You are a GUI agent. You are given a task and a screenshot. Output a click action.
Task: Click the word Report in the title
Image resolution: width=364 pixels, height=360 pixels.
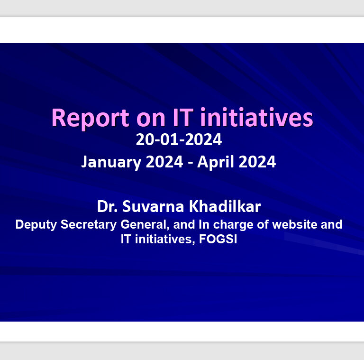coord(90,119)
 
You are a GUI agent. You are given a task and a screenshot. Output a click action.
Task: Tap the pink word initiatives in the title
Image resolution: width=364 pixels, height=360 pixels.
coord(256,117)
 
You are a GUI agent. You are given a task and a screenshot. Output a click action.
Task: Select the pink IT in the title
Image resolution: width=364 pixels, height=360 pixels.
coord(183,117)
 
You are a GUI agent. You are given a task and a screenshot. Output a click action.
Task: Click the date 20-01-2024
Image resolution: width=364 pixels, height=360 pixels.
coord(179,139)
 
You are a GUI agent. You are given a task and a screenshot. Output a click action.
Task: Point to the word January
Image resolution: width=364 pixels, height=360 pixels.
coord(111,162)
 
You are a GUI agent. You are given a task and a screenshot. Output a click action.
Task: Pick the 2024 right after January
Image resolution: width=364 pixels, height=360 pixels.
coord(164,162)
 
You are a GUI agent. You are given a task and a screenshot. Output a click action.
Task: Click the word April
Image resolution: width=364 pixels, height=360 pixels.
coord(216,162)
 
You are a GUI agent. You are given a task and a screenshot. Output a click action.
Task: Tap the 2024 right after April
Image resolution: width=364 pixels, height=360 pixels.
coord(257,162)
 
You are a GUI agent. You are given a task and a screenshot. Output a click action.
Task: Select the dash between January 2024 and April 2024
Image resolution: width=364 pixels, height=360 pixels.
coord(191,163)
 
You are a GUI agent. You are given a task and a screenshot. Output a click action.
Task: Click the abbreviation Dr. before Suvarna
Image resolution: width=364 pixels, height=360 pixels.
coord(107,206)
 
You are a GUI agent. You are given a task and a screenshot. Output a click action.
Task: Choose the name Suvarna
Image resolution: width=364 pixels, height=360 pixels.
coord(153,206)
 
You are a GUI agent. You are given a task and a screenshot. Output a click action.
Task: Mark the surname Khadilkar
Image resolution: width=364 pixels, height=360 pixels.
coord(225,206)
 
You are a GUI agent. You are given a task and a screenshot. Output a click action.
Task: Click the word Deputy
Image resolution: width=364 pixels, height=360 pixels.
coord(36,225)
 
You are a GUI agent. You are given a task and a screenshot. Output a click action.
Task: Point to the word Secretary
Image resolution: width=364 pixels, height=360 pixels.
coord(89,225)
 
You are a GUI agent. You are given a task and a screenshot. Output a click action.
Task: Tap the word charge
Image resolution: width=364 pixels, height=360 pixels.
coord(233,225)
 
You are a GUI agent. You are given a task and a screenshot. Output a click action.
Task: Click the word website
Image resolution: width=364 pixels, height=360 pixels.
coord(294,224)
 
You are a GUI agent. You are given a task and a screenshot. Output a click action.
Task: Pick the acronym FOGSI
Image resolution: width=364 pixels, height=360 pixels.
coord(218,239)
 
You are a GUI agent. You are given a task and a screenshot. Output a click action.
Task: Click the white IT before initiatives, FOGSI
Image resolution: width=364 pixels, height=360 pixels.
coord(126,239)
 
